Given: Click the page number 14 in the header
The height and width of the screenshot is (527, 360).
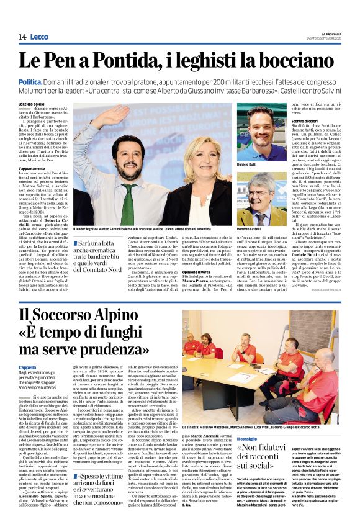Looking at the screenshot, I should pos(22,37).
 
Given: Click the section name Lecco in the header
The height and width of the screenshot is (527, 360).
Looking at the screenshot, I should pos(38,37).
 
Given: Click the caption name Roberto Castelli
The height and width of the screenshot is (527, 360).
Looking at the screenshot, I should pos(250,229).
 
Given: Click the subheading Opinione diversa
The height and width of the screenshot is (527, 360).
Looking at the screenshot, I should pos(197,271).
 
